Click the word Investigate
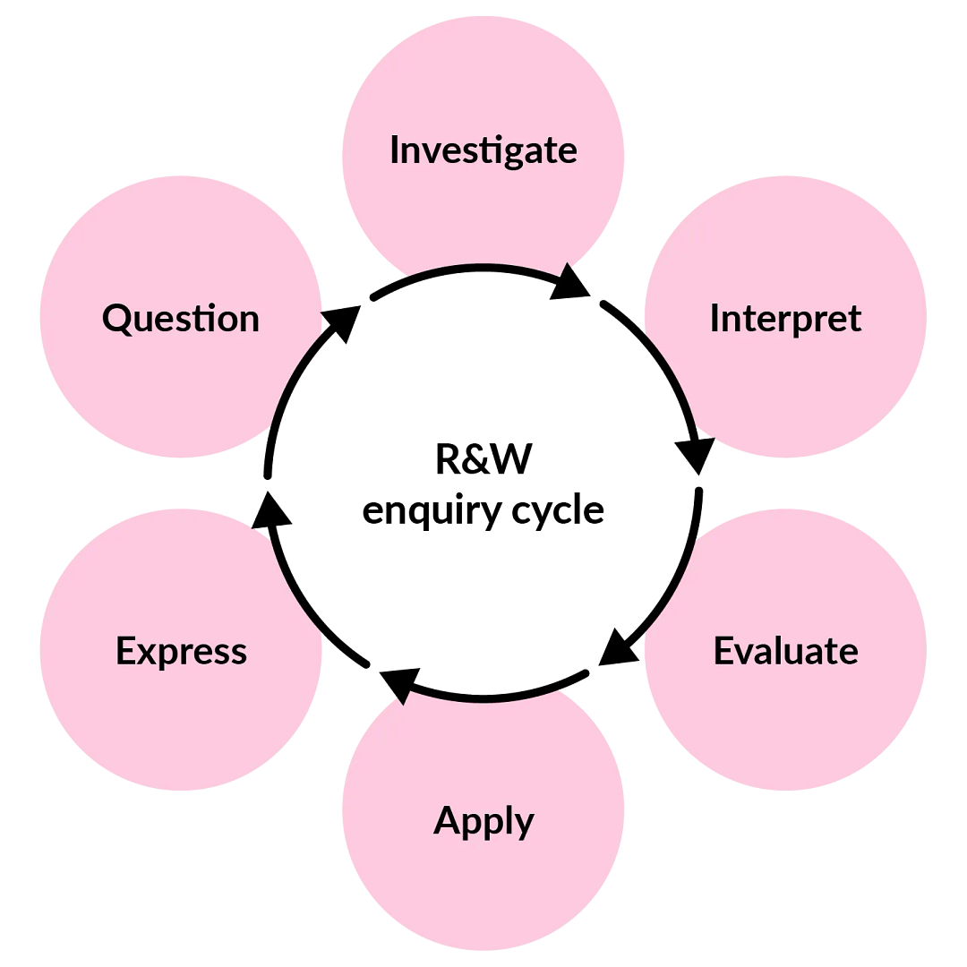tap(483, 150)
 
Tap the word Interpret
tap(785, 319)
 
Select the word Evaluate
tap(785, 651)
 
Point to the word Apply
tap(483, 820)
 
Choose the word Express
tap(181, 651)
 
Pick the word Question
tap(181, 319)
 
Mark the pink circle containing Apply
tap(483, 886)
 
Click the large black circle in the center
tap(483, 483)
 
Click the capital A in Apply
tap(447, 819)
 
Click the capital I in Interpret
tap(715, 319)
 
